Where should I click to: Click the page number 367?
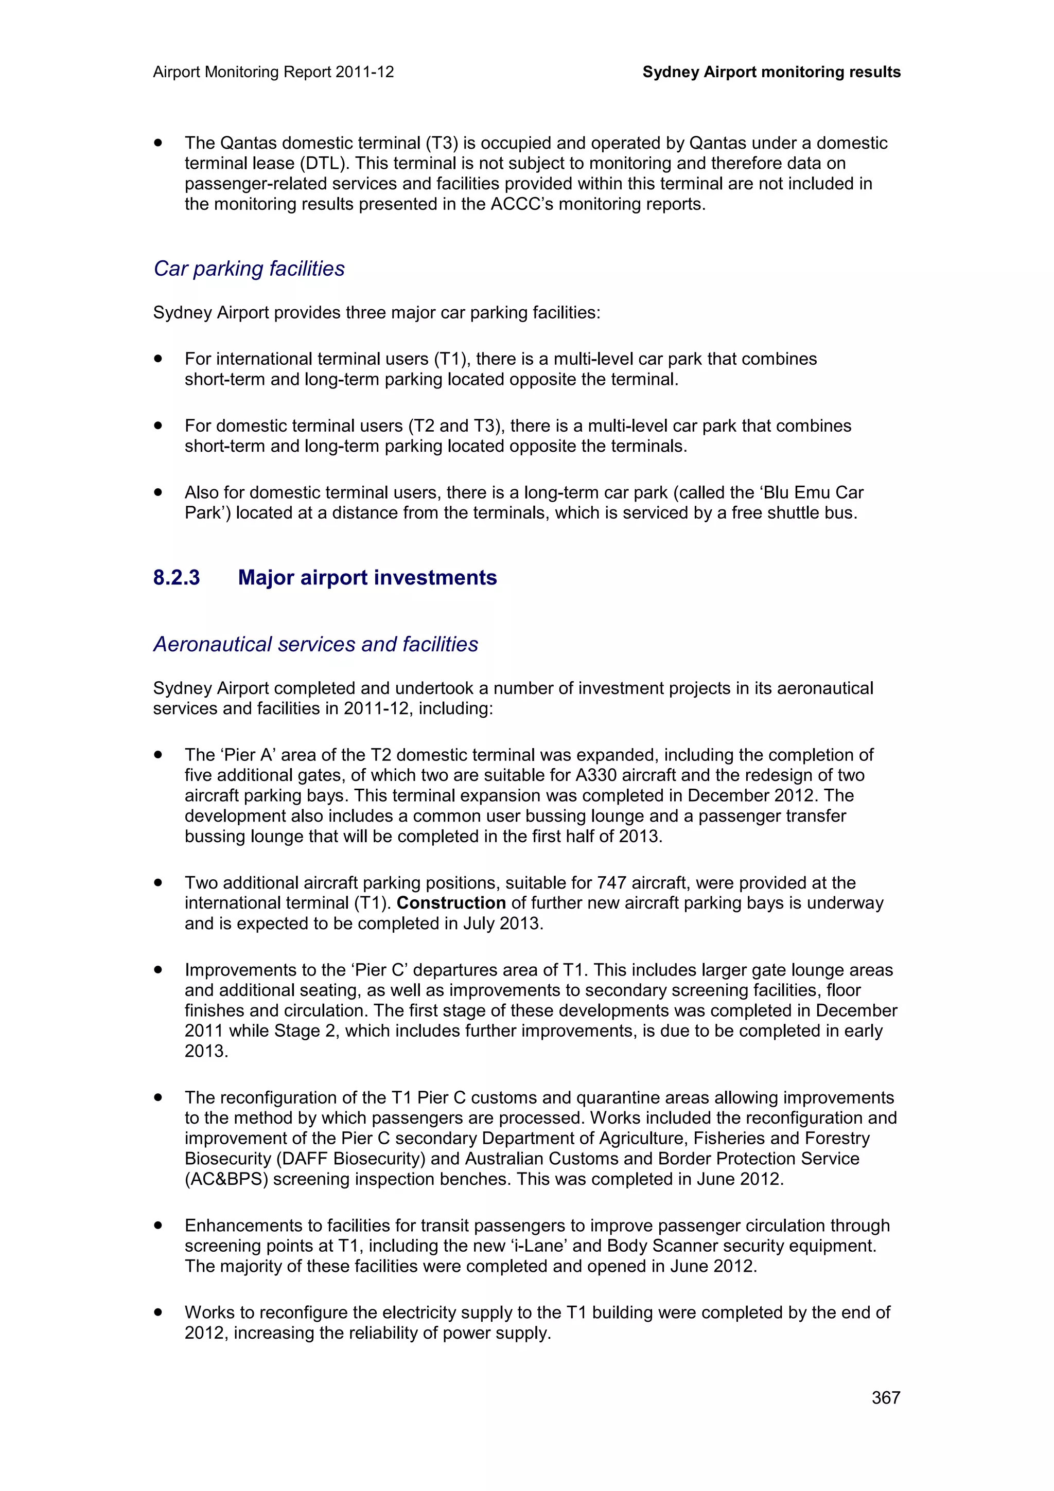(x=885, y=1397)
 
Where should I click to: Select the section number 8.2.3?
(x=176, y=577)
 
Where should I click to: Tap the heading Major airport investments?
(x=367, y=577)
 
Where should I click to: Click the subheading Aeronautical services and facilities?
(x=315, y=644)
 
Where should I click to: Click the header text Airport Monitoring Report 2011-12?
(x=273, y=72)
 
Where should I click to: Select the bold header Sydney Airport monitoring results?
(x=771, y=72)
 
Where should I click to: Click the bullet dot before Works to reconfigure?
(x=158, y=1312)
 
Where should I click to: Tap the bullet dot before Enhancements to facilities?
(x=158, y=1226)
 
